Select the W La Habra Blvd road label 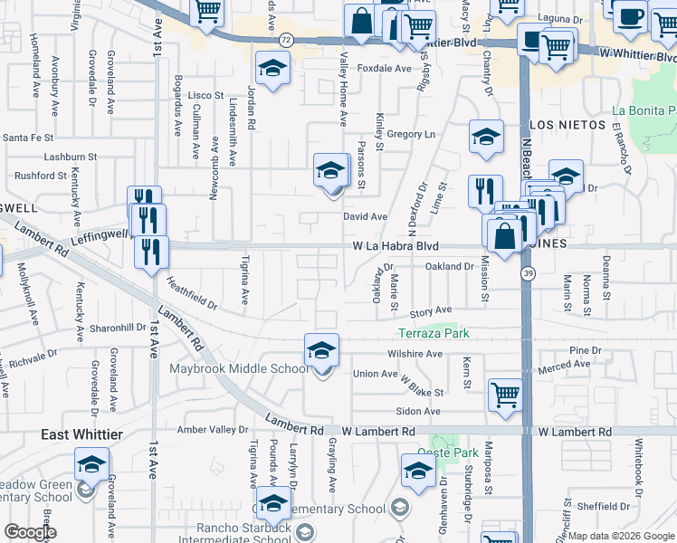coord(396,246)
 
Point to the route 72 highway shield coord(286,40)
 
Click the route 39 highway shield coord(527,272)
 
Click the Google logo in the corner coord(29,532)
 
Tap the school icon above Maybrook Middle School coord(321,349)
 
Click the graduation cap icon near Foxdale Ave coord(271,68)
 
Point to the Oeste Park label coord(453,452)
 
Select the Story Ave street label coord(431,310)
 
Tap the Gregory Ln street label coord(411,134)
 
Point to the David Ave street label coord(365,217)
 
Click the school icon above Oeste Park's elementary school coord(418,470)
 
